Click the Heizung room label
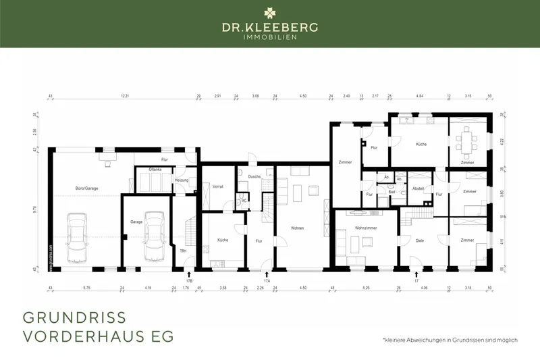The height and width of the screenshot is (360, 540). (182, 180)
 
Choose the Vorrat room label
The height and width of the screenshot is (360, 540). (217, 186)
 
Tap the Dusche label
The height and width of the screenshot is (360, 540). (254, 176)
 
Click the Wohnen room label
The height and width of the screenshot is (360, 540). (297, 228)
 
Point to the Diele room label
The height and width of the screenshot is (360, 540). (419, 240)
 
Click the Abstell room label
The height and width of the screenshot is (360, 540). (418, 188)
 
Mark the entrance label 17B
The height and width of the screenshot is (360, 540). (189, 280)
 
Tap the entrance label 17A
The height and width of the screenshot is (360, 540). (267, 280)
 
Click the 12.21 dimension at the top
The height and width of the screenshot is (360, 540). (124, 97)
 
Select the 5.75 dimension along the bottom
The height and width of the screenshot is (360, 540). (86, 288)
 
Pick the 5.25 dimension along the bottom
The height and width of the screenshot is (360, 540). (367, 288)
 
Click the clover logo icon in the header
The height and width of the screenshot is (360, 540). (270, 11)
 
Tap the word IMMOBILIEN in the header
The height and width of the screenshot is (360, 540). (270, 36)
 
